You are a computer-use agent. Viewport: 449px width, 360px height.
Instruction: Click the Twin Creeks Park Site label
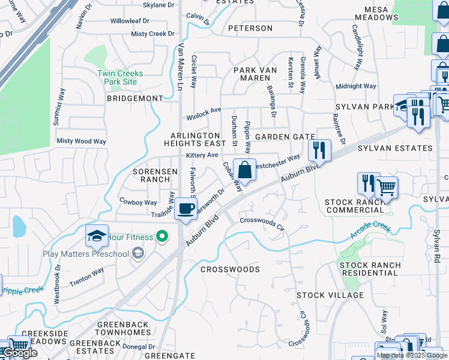[117, 77]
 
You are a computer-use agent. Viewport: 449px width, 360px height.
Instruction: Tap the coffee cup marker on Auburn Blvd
[186, 209]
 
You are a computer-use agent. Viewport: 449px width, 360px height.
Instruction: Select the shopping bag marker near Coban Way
[244, 170]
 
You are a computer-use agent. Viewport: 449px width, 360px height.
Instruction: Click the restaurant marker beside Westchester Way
[319, 150]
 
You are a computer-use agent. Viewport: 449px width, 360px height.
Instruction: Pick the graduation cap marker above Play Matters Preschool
[97, 236]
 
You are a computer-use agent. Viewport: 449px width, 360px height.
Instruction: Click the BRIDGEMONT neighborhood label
[135, 98]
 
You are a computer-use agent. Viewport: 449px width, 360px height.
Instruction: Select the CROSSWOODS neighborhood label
[230, 269]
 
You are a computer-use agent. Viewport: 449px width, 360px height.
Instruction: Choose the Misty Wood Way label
[81, 141]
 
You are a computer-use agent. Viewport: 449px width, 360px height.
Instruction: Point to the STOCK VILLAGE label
[330, 295]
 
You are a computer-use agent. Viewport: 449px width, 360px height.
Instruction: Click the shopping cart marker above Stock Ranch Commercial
[386, 187]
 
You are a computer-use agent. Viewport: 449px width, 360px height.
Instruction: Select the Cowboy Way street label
[138, 202]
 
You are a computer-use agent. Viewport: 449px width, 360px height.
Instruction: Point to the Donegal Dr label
[138, 347]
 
